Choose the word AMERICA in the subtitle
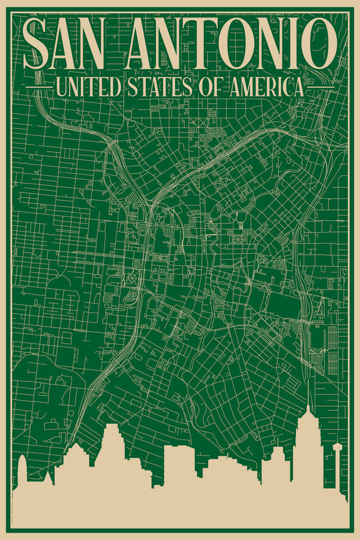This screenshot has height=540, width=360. click(267, 87)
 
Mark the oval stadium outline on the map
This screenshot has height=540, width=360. click(318, 337)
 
